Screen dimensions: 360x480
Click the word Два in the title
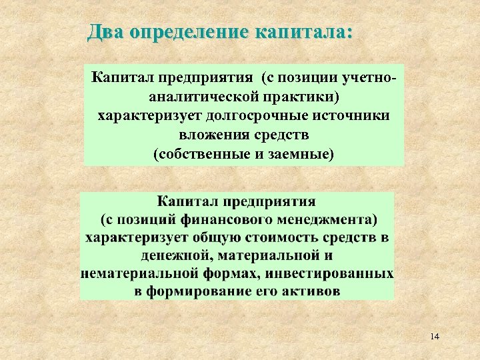[x=105, y=31]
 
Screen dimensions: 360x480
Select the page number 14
[x=435, y=336]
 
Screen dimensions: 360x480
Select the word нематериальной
[x=127, y=273]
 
